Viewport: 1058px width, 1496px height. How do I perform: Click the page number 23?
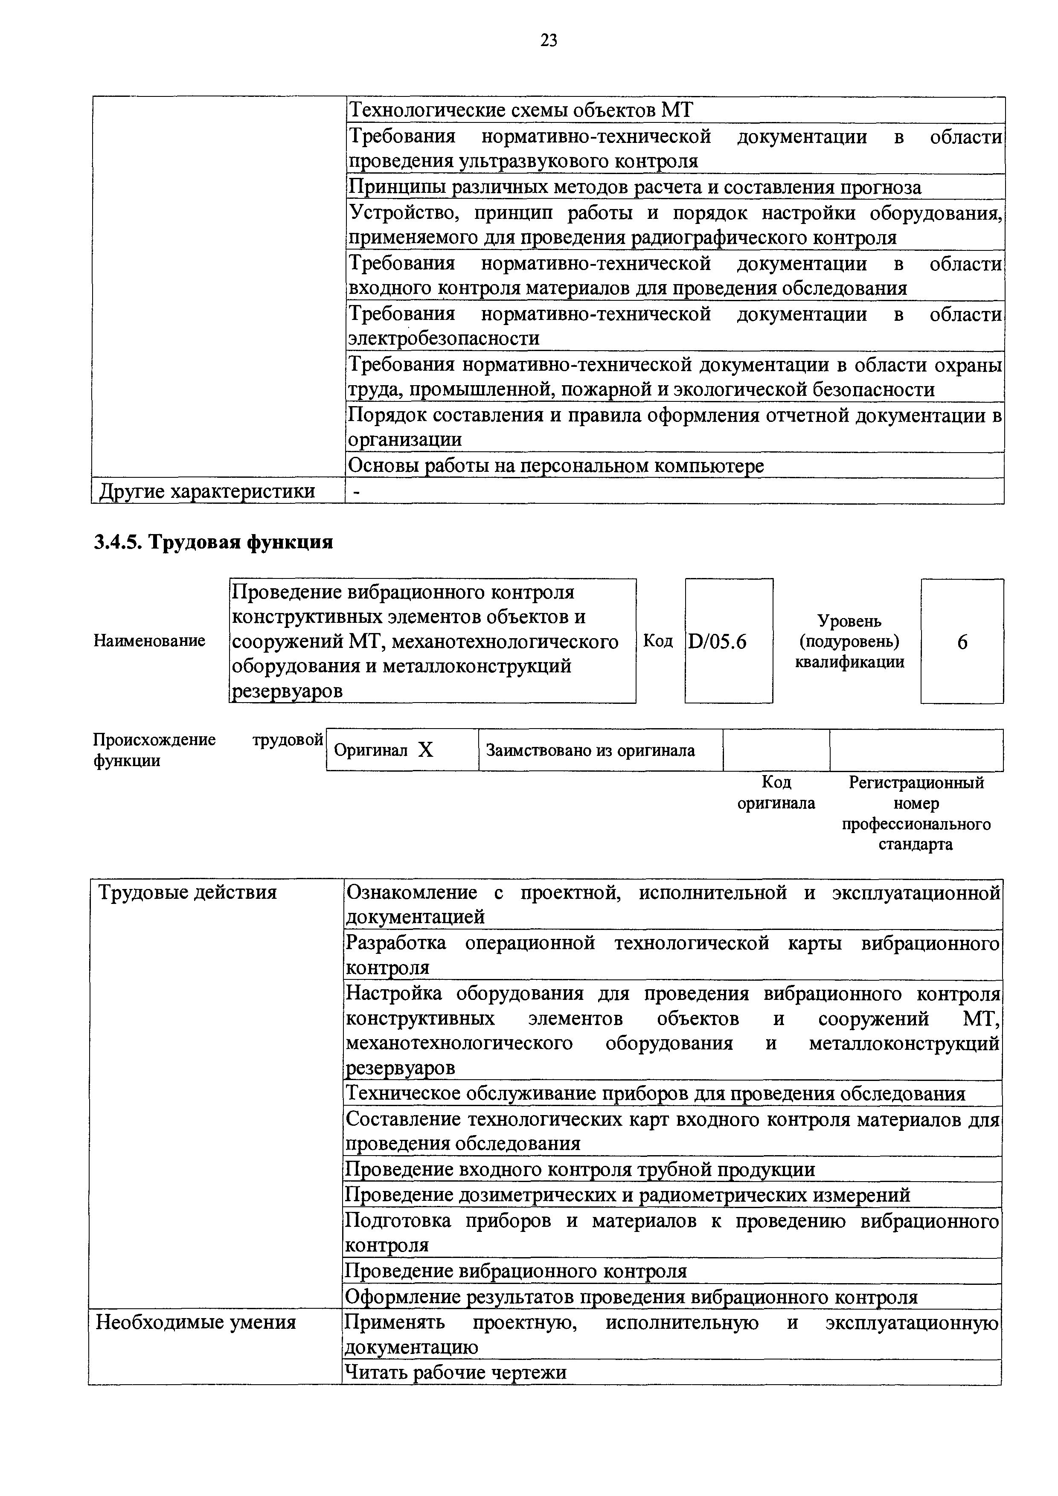[x=549, y=41]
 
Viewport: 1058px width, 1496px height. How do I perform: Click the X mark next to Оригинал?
[x=425, y=751]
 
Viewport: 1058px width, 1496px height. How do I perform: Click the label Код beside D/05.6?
[x=658, y=641]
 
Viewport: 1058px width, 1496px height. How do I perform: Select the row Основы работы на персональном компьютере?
[x=556, y=466]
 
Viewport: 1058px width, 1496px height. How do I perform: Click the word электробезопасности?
[x=444, y=339]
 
